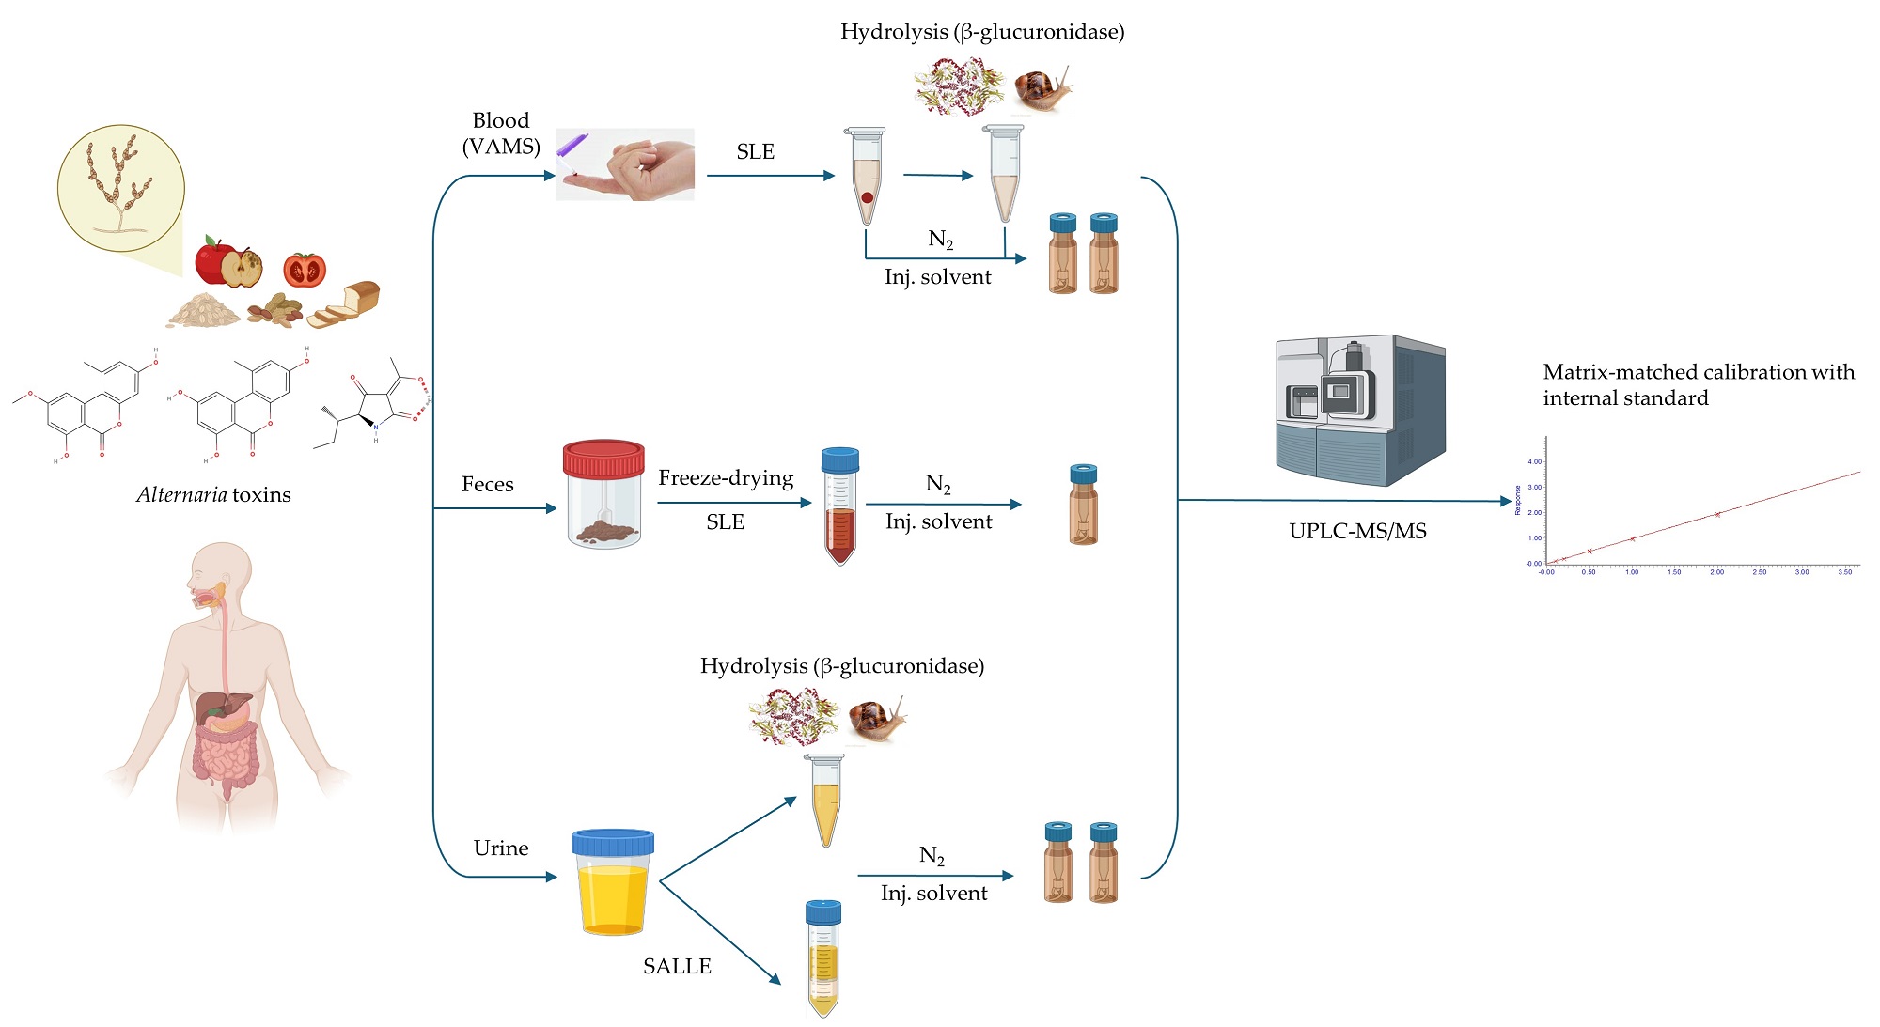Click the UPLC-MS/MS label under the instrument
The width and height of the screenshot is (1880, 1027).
[x=1357, y=532]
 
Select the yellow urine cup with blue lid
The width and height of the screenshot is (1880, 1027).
[x=613, y=883]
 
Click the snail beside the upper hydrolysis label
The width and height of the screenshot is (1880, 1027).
[x=1042, y=89]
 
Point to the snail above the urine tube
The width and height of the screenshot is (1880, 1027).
[x=877, y=720]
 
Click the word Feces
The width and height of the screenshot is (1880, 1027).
[x=487, y=485]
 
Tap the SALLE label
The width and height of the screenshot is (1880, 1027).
[x=677, y=967]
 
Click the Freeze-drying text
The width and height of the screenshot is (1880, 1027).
[x=726, y=478]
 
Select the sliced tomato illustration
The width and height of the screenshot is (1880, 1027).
[x=305, y=270]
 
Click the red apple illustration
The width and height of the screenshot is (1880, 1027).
[x=216, y=260]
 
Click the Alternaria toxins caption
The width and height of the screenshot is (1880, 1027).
[x=213, y=495]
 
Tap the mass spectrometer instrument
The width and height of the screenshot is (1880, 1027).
[x=1359, y=410]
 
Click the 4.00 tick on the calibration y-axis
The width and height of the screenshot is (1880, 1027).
[x=1534, y=461]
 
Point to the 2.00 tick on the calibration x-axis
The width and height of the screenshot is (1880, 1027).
[x=1716, y=572]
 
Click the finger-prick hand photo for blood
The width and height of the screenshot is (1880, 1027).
[x=625, y=164]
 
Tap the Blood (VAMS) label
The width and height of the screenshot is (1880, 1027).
[x=501, y=133]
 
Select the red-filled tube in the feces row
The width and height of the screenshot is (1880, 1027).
[x=839, y=506]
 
